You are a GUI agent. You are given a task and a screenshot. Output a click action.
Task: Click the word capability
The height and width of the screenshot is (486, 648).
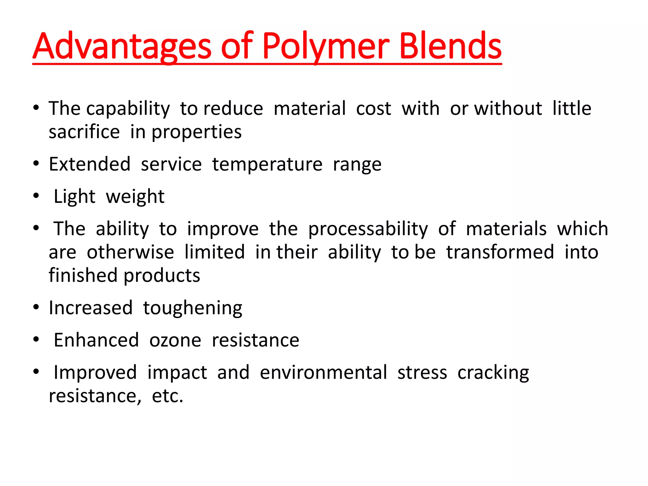tap(128, 109)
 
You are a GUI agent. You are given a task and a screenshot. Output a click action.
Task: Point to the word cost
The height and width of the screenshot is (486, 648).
tap(373, 109)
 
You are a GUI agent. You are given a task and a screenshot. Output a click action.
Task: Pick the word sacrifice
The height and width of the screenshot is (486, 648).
tap(84, 132)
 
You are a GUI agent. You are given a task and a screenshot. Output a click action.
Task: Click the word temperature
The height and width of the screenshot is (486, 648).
tap(267, 165)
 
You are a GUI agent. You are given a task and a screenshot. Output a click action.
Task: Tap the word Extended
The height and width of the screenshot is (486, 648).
tap(90, 165)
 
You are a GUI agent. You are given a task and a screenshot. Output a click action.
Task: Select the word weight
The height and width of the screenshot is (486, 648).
tap(135, 197)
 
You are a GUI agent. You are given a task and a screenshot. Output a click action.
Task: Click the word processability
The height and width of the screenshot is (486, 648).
tap(368, 229)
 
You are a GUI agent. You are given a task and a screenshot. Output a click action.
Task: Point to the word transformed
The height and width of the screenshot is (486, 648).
tap(500, 252)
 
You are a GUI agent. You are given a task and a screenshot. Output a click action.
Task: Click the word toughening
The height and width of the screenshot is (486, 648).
tap(192, 308)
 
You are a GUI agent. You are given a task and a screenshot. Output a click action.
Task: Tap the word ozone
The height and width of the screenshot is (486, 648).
tap(175, 340)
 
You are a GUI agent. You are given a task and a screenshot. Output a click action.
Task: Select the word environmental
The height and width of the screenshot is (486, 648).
tap(323, 373)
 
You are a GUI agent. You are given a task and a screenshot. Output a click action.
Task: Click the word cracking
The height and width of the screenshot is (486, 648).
tap(493, 373)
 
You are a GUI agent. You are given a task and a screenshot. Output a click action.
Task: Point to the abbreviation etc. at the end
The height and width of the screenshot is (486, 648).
tap(167, 396)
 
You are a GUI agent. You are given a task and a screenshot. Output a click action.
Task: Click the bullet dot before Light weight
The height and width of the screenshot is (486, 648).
tap(36, 196)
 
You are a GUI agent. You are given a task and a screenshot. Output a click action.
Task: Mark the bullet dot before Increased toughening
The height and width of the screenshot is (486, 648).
tap(36, 307)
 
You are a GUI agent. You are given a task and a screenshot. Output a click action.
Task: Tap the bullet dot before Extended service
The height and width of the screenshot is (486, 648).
tap(36, 164)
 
